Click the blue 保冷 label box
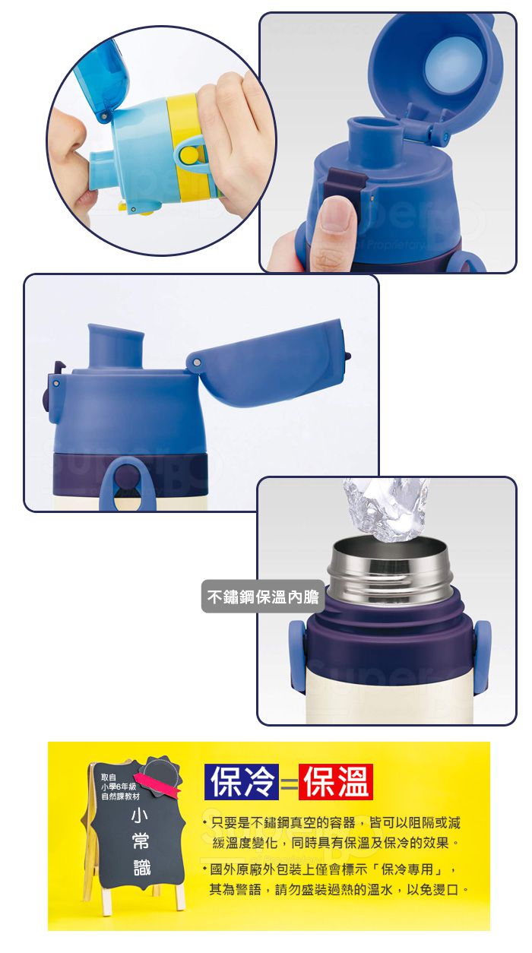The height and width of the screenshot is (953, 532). click(x=242, y=781)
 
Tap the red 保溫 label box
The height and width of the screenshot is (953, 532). click(x=336, y=781)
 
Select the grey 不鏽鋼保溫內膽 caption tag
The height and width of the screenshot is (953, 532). click(x=263, y=597)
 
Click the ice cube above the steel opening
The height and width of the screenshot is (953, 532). click(x=386, y=508)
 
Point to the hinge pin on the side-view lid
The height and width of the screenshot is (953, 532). click(x=197, y=363)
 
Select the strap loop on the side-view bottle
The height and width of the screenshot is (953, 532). click(x=127, y=483)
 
